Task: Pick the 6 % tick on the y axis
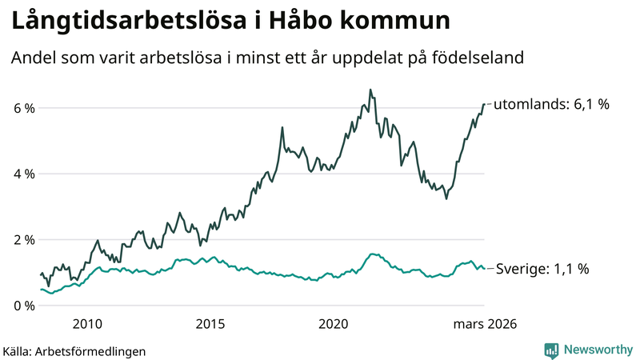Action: [23, 108]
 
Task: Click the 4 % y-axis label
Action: [23, 174]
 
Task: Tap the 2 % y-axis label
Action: [23, 240]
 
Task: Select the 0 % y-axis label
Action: [23, 306]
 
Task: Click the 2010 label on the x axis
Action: [87, 324]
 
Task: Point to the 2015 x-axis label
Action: [210, 324]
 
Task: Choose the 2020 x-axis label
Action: [334, 324]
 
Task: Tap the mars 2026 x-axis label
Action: [484, 324]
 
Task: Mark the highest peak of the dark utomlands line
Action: [370, 90]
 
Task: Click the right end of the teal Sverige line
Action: [484, 269]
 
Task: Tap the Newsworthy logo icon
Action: [551, 350]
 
